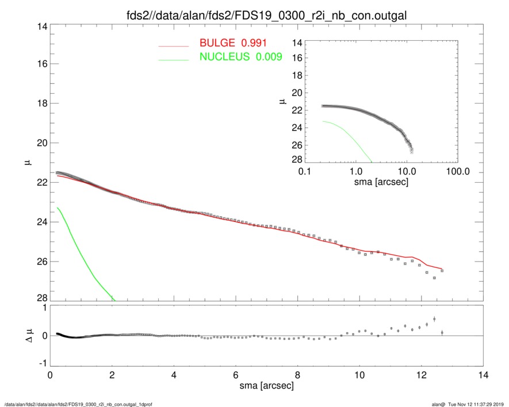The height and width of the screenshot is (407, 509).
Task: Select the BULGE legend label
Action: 218,43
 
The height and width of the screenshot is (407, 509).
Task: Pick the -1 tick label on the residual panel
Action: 40,363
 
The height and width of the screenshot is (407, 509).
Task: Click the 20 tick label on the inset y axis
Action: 297,93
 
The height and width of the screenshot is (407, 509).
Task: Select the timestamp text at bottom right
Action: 469,404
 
